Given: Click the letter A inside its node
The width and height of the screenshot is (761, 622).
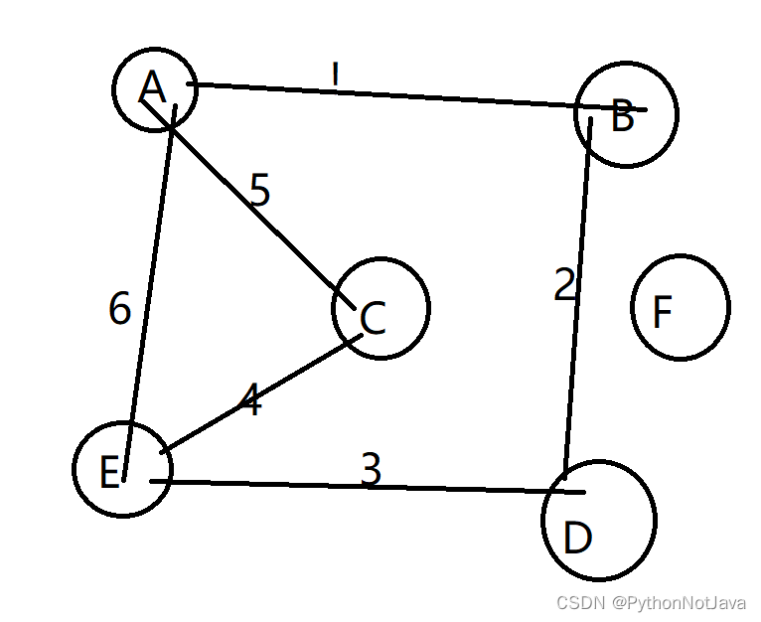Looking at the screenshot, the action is [152, 87].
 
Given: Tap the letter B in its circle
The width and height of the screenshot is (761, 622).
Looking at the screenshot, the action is [623, 117].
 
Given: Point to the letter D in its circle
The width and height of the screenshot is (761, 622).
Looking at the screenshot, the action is [577, 539].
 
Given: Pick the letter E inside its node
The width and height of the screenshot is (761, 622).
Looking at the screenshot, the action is [110, 473].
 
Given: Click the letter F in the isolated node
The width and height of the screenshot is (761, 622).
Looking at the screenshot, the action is [663, 313].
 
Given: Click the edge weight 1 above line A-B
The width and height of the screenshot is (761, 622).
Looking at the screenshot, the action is [336, 73].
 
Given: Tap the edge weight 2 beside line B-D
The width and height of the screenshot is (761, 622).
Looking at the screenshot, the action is [565, 286].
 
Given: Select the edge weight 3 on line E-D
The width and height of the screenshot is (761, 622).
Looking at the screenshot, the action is [371, 470].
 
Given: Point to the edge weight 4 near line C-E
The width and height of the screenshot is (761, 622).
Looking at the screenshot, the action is [250, 402].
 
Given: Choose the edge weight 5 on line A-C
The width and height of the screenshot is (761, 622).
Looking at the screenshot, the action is [259, 192].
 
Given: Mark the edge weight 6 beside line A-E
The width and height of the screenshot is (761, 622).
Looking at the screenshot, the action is [119, 310].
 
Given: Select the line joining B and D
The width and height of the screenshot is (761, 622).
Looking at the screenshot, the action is [578, 298].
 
